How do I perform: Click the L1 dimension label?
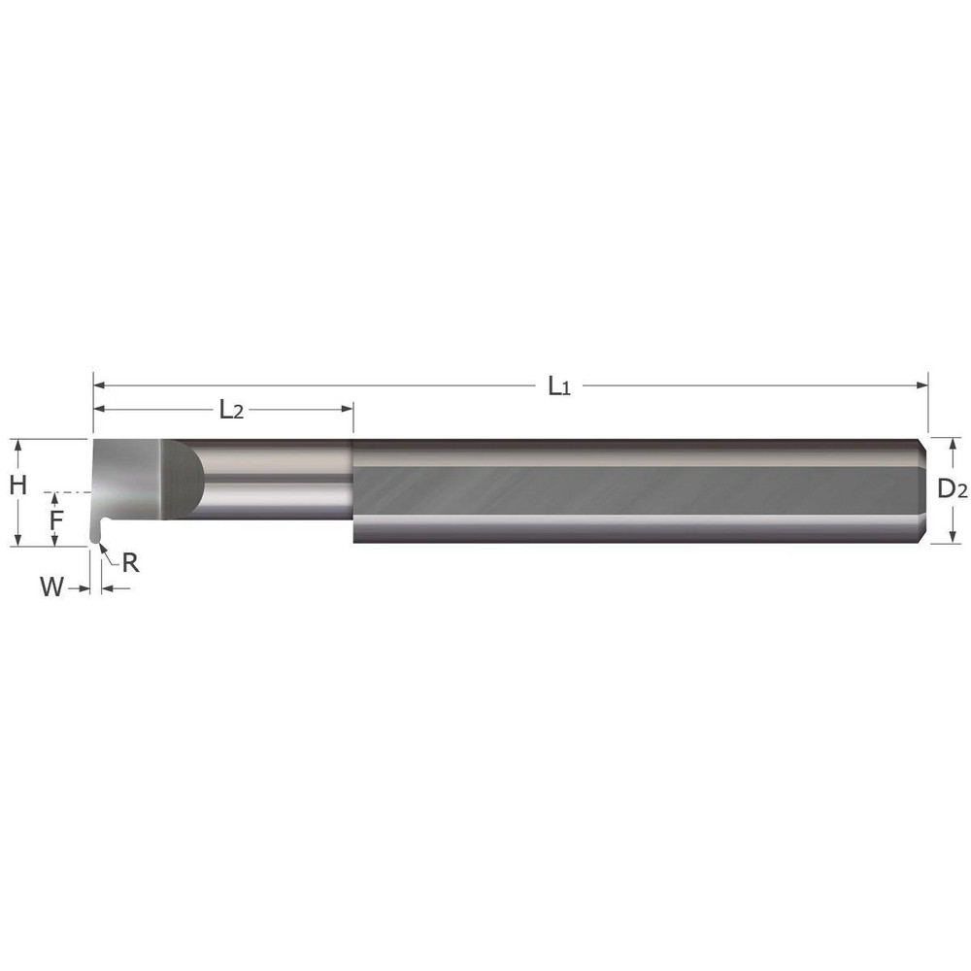[557, 386]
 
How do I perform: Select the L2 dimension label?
[230, 410]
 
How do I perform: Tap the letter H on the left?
[17, 485]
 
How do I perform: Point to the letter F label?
[56, 519]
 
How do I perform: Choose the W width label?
[52, 586]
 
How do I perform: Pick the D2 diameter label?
[953, 490]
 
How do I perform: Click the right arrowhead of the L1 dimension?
[922, 385]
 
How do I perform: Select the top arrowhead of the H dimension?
[17, 445]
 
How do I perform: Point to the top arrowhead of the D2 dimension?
[953, 444]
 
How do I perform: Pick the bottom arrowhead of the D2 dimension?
[953, 537]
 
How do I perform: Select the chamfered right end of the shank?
[923, 490]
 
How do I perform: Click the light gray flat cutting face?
[126, 481]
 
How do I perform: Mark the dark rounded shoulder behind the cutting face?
[186, 476]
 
